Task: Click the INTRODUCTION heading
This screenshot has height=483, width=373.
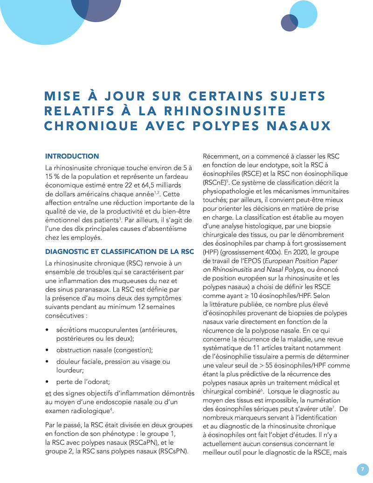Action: (72, 156)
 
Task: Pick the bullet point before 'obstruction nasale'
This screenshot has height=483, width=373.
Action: (48, 350)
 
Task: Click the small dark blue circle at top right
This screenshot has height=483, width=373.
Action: (289, 23)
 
